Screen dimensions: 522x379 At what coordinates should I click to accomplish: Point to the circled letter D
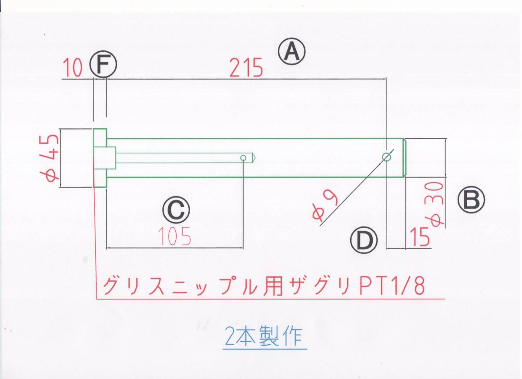pos(363,241)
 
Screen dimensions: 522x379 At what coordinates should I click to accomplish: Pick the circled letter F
pos(104,66)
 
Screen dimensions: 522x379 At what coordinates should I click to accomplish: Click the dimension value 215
pos(247,68)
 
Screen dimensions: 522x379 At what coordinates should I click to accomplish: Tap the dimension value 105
pos(174,237)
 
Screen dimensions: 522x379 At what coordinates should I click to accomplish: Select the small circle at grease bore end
pos(243,157)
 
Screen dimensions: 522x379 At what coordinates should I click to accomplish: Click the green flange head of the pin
pos(100,158)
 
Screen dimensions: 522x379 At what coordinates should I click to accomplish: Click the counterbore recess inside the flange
pos(106,158)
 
